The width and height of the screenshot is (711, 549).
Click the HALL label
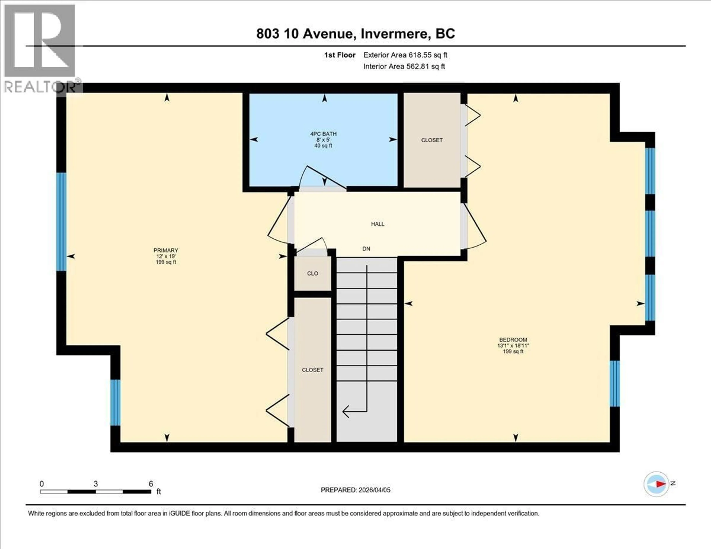point(378,224)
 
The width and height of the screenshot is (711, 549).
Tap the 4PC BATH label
point(323,134)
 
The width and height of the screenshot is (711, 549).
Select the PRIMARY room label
point(166,250)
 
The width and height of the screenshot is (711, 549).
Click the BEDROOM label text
point(513,339)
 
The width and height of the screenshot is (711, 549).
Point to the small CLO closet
point(313,273)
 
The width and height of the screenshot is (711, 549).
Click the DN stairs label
point(366,249)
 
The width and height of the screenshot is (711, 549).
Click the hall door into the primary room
point(278,221)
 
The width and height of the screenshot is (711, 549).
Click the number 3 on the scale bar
point(96,484)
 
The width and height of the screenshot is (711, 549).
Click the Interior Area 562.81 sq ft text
point(404,66)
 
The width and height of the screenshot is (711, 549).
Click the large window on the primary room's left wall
point(61,221)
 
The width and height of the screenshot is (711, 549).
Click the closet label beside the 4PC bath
point(432,140)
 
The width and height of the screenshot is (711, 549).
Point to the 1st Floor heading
point(340,55)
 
